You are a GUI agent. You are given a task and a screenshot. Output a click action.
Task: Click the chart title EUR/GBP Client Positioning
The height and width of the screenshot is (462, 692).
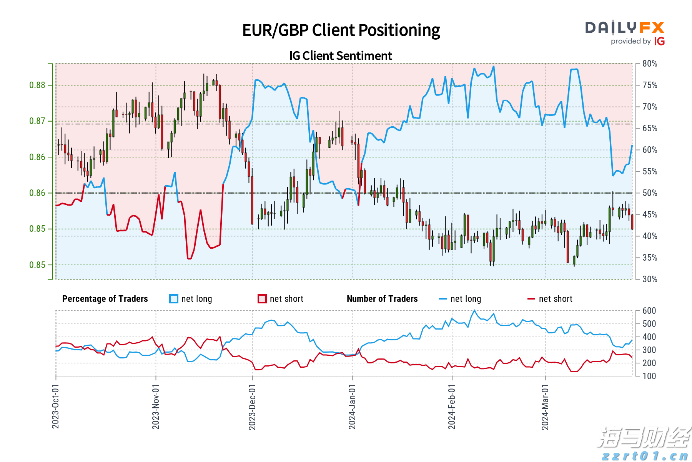(341, 30)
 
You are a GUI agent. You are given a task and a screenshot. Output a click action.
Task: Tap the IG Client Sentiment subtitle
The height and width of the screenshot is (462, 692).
(341, 56)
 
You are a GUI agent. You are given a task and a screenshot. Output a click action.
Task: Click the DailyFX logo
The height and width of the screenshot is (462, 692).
(625, 33)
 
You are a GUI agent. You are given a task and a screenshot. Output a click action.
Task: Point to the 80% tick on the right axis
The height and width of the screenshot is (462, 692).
(650, 64)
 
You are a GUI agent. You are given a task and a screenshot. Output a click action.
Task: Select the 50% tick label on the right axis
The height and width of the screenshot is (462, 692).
(650, 193)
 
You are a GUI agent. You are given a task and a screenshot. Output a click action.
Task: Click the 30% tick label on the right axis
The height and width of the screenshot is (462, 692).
(650, 280)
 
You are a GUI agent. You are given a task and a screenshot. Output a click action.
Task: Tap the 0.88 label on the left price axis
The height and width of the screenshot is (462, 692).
(37, 85)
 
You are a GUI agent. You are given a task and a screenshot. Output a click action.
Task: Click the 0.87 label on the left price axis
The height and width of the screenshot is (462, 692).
(37, 121)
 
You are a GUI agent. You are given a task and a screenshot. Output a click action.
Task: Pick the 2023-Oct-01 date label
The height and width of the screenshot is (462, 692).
(55, 407)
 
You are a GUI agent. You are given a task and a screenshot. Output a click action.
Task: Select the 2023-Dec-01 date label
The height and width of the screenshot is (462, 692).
(252, 407)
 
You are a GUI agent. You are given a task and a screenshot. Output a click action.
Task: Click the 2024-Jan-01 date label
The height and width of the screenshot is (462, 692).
(352, 407)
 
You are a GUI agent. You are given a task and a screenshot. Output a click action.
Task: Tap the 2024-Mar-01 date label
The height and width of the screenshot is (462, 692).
(545, 407)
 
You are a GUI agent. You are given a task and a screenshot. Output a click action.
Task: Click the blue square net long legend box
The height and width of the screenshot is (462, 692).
(174, 299)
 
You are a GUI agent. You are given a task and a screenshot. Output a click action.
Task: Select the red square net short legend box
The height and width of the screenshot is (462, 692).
(262, 299)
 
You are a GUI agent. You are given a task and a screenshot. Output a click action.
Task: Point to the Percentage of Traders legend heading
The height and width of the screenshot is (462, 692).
(105, 299)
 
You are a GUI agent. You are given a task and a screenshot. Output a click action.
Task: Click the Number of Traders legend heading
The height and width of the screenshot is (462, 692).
(382, 299)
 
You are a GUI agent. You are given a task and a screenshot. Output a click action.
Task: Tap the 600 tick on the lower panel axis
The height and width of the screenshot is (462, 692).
(649, 311)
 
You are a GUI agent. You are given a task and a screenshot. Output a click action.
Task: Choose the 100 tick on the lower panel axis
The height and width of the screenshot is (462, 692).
(649, 376)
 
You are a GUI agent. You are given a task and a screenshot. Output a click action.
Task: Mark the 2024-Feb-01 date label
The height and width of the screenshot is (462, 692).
(452, 407)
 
